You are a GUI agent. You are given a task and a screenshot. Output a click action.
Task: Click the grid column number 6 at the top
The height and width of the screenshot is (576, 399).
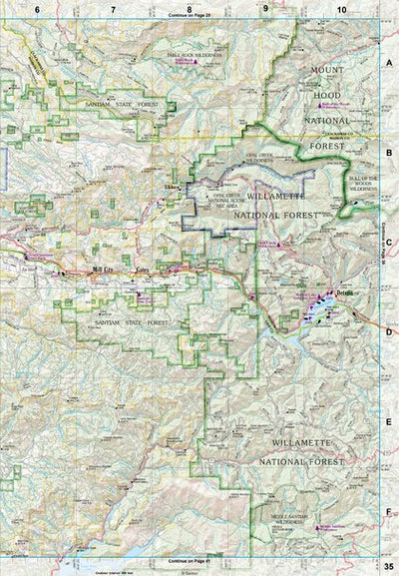click(x=37, y=9)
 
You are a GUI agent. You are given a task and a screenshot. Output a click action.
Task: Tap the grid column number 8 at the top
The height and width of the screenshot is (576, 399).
click(x=189, y=9)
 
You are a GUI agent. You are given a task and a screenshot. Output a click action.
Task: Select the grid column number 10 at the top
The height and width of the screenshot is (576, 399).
click(x=341, y=9)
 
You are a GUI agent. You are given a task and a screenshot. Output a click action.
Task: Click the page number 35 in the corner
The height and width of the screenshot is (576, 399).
click(x=386, y=567)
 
